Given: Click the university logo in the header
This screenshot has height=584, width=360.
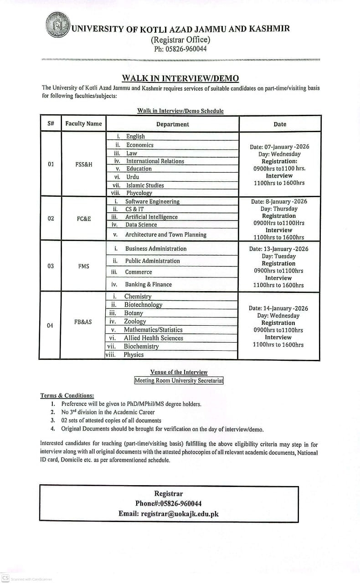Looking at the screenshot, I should pos(58,25).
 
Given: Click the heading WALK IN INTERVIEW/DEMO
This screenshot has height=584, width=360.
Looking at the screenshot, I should pos(180,78).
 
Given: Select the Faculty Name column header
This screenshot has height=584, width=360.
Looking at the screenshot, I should pos(83,124).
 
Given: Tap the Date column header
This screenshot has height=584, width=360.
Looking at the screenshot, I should pos(280,124).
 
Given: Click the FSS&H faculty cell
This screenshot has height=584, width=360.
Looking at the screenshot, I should pos(83,164).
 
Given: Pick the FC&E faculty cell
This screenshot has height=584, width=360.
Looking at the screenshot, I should pos(83,219).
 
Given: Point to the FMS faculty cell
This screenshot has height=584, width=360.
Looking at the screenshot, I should pos(83,266).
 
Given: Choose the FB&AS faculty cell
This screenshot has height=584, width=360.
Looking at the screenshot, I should pos(83,322).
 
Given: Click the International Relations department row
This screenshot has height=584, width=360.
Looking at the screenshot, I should pos(155,161).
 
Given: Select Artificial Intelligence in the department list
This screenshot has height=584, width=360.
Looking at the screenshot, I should pos(151,217).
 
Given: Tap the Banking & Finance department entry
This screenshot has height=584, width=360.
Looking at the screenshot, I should pos(149,284).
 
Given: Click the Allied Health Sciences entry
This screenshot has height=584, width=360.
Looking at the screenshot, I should pos(153,338).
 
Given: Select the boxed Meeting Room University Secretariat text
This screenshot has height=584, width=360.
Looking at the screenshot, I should pos(179,381).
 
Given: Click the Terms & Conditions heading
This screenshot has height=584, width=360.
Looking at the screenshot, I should pos(67,395).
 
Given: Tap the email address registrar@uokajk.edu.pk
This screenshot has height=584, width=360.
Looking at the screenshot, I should pos(180,513).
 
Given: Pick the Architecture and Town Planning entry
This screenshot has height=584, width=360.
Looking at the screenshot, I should pos(165,235).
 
